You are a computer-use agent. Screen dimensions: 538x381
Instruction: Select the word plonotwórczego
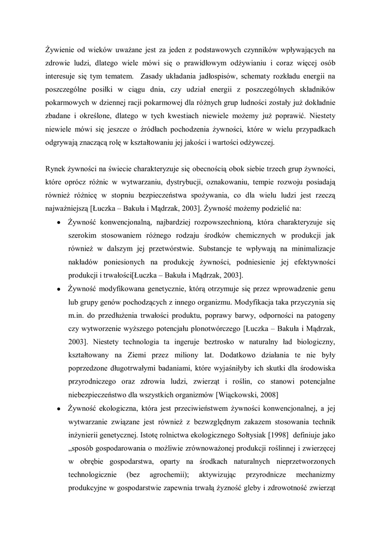[213, 329]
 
